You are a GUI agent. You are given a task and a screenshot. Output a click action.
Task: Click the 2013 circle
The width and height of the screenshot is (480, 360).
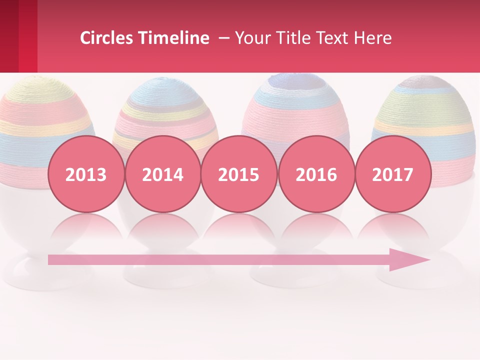point(86,174)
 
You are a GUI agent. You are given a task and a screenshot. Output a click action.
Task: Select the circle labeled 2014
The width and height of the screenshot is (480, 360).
point(162,174)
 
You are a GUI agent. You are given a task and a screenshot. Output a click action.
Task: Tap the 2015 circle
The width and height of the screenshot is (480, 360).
point(239,174)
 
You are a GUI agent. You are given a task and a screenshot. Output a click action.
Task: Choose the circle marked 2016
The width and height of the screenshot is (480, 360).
point(316,174)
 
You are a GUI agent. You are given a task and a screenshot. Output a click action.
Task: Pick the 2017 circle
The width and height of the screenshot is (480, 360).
point(392,174)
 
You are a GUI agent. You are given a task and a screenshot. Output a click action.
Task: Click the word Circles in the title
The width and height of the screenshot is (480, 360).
point(106,38)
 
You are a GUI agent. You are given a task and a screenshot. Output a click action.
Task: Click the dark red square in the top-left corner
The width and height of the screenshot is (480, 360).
point(9,35)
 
